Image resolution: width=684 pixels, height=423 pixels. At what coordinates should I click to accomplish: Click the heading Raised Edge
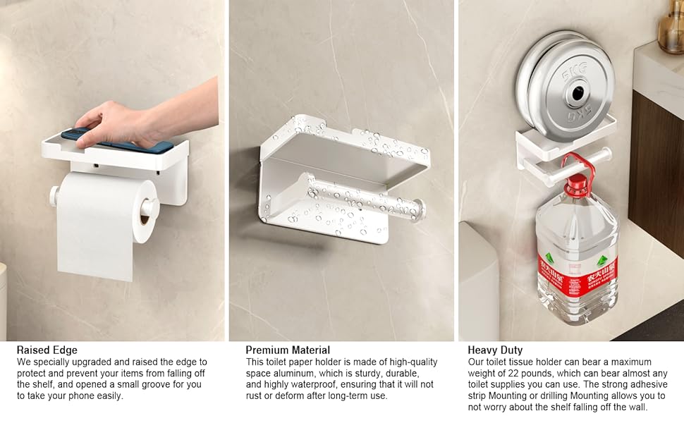(47, 350)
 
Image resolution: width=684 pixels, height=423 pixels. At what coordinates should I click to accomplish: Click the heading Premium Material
(288, 350)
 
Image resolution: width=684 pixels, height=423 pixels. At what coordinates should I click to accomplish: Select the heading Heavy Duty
(495, 350)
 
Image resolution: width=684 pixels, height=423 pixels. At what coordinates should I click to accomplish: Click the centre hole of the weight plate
(578, 93)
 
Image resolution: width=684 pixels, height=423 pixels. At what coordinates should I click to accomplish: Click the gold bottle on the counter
(671, 26)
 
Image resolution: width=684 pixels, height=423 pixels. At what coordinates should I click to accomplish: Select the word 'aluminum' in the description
(292, 373)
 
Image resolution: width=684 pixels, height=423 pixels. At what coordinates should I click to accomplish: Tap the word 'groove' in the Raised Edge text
(158, 385)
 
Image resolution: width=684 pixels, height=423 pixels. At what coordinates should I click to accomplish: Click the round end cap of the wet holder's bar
(417, 210)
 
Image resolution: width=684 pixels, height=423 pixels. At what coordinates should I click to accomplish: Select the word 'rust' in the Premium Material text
(254, 396)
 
